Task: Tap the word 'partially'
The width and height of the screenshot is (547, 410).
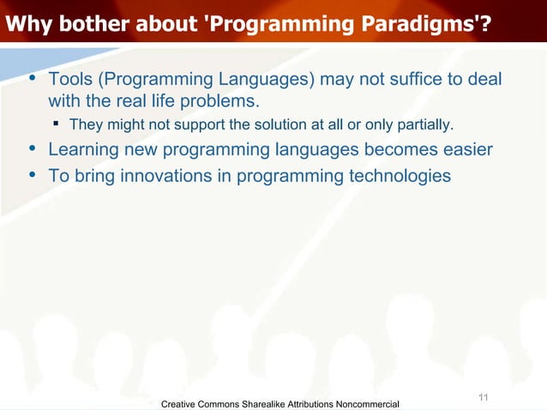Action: pos(422,126)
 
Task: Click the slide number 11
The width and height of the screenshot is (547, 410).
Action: pos(483,396)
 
